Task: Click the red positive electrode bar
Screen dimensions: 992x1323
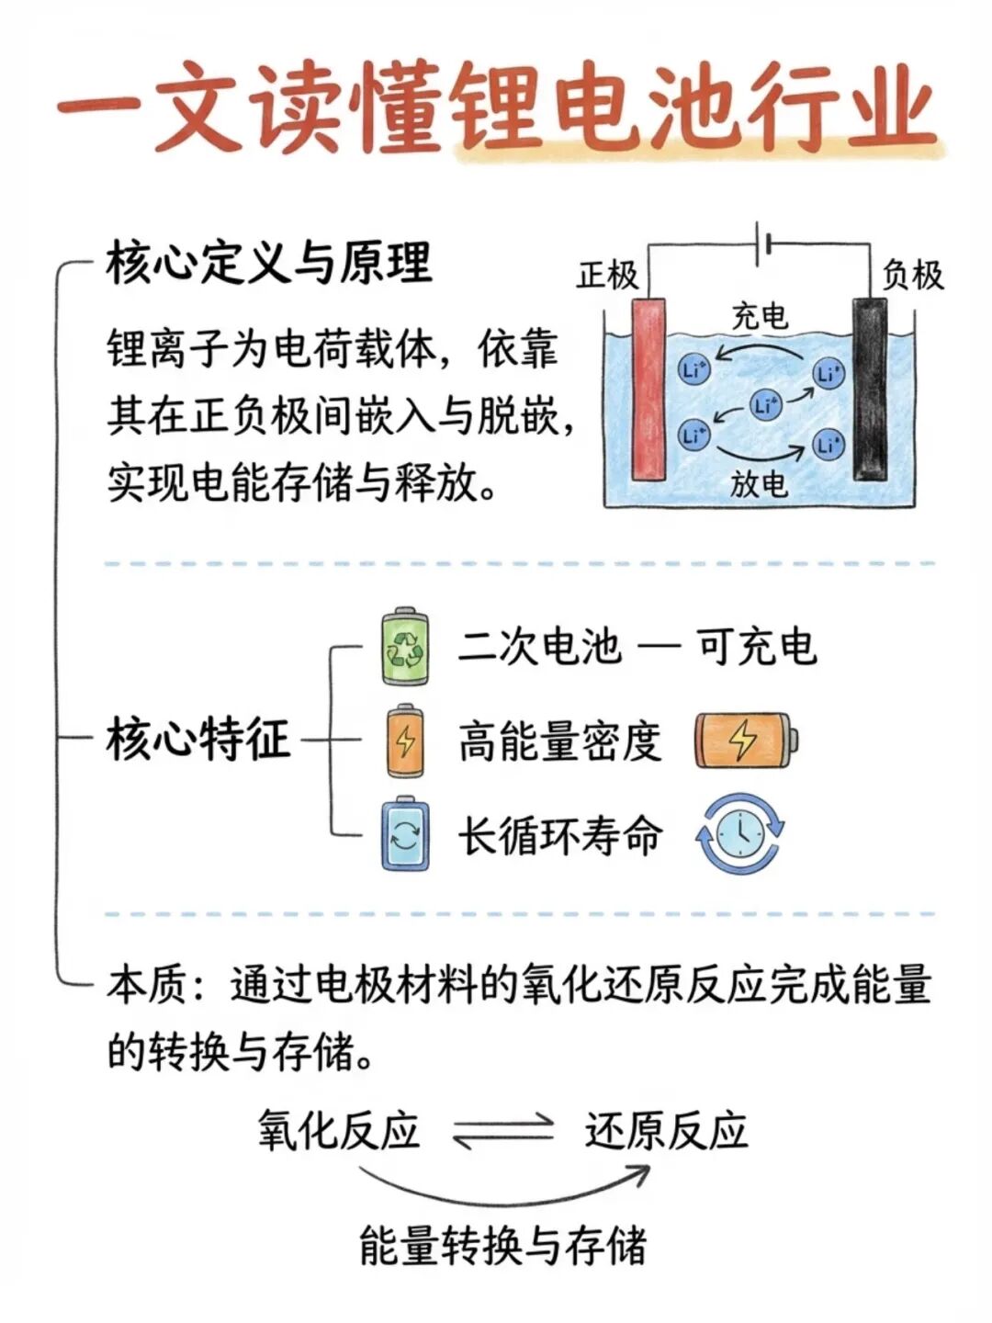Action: pos(648,389)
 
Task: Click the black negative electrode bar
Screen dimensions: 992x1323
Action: pos(870,389)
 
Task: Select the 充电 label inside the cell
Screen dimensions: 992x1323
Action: pos(760,316)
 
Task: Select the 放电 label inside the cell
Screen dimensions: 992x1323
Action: pos(759,483)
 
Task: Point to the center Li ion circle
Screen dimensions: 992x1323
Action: pos(765,404)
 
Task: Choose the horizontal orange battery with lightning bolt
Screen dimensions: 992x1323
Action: pos(747,741)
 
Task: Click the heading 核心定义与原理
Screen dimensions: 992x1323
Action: pos(269,262)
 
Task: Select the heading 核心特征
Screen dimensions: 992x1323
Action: pos(198,739)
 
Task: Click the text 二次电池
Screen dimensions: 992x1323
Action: pos(539,647)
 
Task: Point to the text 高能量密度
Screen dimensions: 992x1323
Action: pos(560,741)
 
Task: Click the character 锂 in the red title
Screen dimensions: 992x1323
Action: pos(505,108)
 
